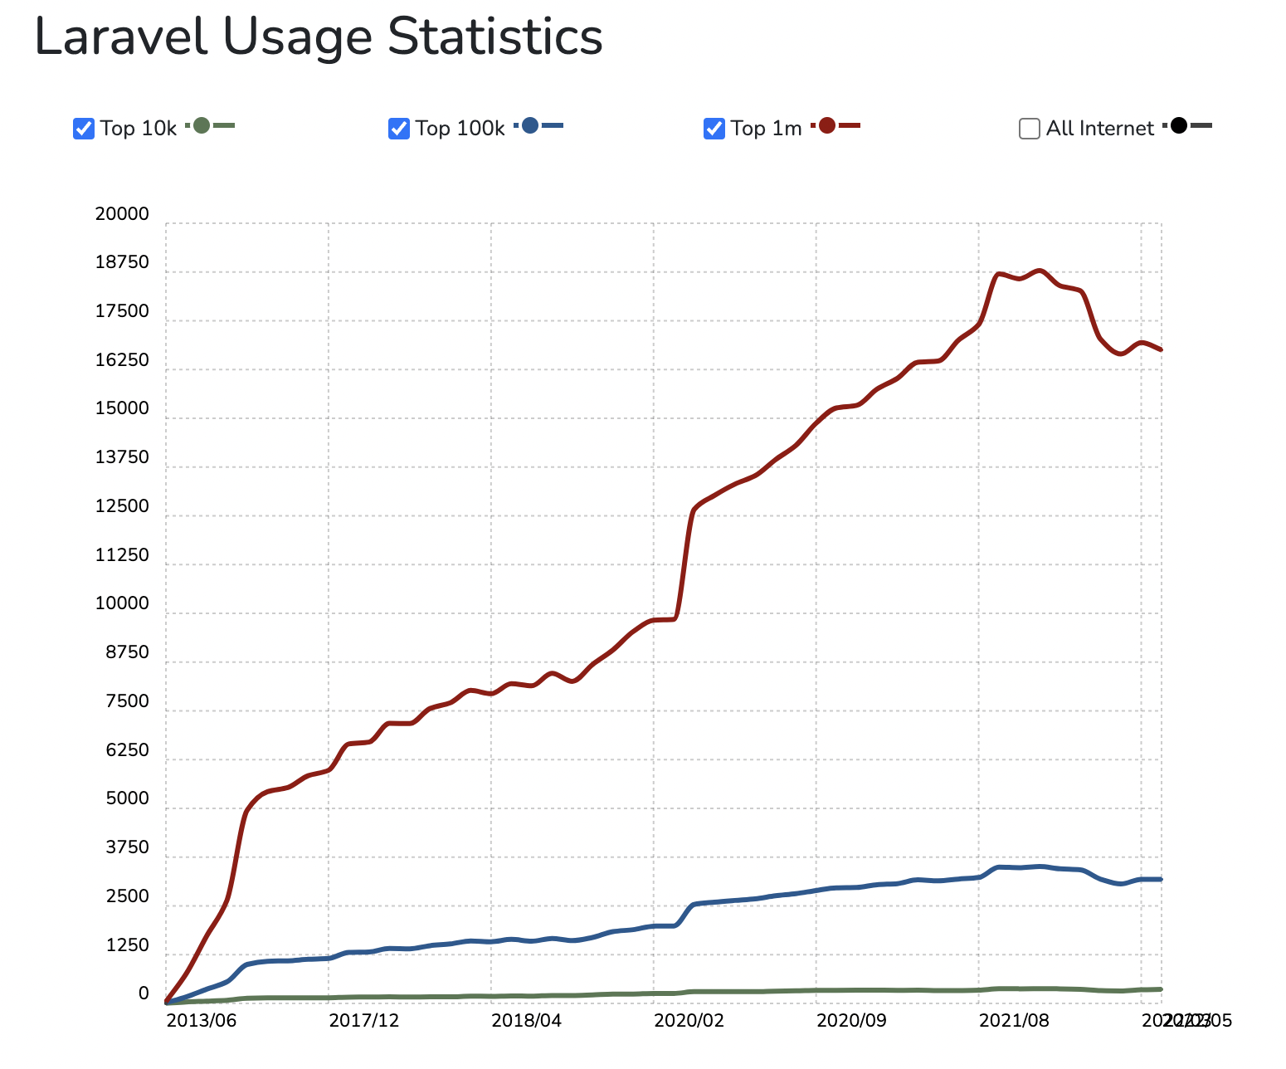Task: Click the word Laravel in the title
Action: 120,37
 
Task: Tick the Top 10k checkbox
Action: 84,129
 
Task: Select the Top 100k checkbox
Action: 399,129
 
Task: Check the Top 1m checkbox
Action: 714,129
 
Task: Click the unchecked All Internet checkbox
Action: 1030,129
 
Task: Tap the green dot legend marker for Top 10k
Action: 202,126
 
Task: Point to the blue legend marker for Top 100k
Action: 530,126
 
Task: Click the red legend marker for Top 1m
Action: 826,126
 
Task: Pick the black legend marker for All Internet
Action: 1178,126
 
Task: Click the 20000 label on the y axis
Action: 122,214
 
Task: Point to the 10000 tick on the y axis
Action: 122,603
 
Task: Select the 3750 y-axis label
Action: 127,847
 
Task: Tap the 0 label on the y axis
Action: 144,993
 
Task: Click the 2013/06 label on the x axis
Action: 201,1020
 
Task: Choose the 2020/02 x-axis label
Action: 689,1020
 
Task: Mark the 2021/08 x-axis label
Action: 1014,1020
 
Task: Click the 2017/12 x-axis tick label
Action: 363,1020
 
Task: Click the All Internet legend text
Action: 1099,129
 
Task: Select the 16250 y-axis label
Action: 122,360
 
